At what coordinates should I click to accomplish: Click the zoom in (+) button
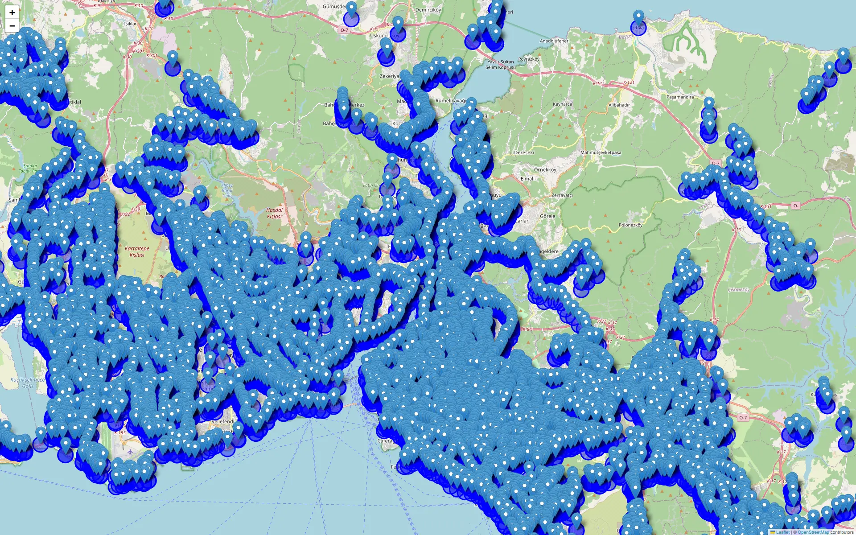[x=12, y=12]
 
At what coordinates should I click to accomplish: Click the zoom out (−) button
[x=12, y=26]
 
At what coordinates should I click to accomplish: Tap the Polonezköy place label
[x=630, y=225]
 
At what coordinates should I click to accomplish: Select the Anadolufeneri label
[x=555, y=41]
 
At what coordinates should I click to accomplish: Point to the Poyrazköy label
[x=529, y=59]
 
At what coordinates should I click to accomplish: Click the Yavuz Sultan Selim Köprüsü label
[x=500, y=65]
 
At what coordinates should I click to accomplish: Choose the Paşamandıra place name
[x=680, y=97]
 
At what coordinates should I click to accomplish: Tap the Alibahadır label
[x=619, y=105]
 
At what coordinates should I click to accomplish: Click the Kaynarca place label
[x=562, y=104]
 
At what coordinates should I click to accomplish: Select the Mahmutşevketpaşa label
[x=601, y=152]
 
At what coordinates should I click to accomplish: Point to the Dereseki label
[x=524, y=152]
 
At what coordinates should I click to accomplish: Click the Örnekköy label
[x=545, y=170]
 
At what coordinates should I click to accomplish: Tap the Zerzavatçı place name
[x=562, y=195]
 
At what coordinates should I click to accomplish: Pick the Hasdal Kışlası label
[x=274, y=213]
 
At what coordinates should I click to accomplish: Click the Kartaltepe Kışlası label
[x=137, y=252]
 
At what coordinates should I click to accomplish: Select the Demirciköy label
[x=428, y=10]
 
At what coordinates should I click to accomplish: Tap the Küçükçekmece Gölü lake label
[x=27, y=383]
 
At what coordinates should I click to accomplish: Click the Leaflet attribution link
[x=782, y=532]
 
